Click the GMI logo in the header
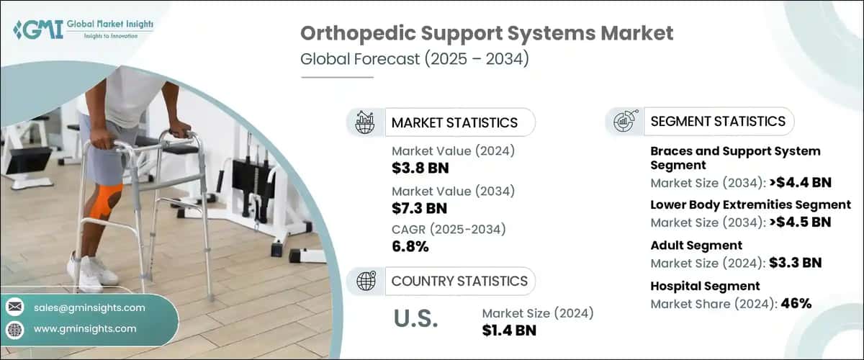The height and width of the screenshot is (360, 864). coord(84,29)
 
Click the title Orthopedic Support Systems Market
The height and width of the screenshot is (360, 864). coord(487,33)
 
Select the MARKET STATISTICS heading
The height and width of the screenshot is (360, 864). coord(454,122)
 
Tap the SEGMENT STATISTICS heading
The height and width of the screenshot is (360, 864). coord(717,121)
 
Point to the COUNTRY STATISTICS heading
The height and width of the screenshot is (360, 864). coord(459,281)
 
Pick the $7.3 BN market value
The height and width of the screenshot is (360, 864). coord(419,209)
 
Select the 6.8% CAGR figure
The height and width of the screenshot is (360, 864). coord(410,247)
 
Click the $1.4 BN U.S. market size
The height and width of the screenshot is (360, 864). coord(510,331)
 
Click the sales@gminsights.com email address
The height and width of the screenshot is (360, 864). coord(89,307)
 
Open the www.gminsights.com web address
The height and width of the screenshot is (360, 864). coord(85,328)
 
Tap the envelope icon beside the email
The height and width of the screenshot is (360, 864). coord(14,307)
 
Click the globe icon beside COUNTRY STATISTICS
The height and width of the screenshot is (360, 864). coord(366,281)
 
